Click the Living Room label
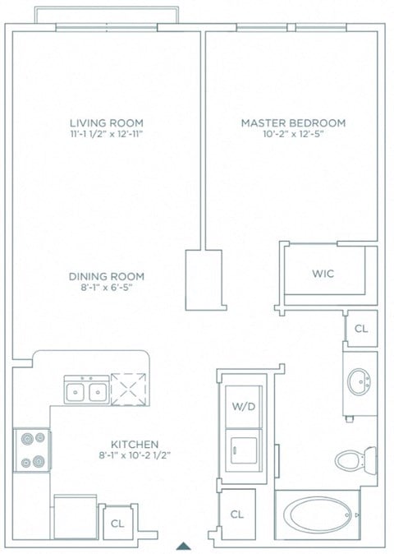[106, 123]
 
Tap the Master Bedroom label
[293, 123]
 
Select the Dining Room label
[106, 276]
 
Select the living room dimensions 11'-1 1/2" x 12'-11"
[106, 135]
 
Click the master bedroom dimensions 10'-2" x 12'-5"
[293, 135]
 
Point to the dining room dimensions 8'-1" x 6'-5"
[106, 289]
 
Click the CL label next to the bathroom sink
[360, 329]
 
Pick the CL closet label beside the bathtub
[237, 515]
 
